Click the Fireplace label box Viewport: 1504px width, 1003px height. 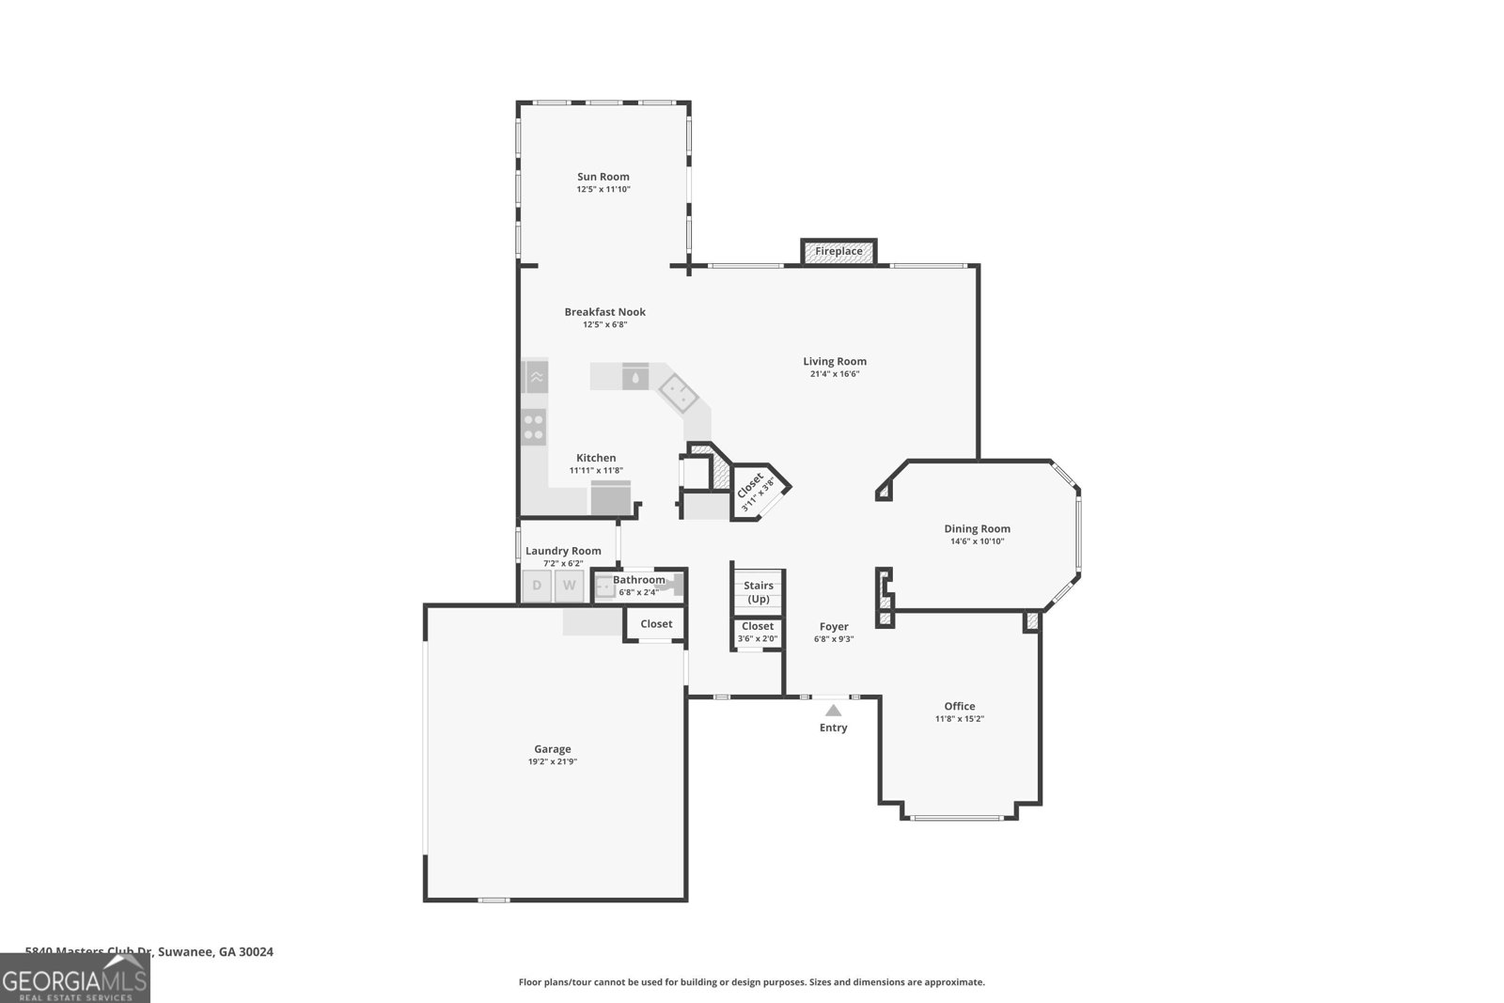pos(838,252)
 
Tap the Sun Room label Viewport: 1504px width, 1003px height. pos(603,177)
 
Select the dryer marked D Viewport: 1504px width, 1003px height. pos(537,586)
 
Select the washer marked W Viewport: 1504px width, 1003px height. pos(569,586)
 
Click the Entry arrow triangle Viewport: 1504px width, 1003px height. pos(833,711)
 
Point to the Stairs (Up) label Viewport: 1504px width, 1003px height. pos(759,592)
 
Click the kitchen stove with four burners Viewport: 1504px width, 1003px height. pos(534,428)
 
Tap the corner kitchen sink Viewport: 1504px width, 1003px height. pos(676,392)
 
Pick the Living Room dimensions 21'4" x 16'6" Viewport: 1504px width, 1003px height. pos(835,374)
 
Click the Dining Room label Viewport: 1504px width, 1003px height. pos(977,528)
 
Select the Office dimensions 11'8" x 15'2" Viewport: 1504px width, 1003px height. pos(959,719)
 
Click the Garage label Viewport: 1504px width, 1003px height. pos(552,749)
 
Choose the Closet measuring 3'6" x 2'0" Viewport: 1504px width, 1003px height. pos(758,632)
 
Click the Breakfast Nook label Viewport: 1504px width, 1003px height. pos(604,312)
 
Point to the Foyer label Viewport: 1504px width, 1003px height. pos(833,626)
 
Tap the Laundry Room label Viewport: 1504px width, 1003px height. pos(563,551)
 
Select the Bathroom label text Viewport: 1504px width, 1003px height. pos(638,580)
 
